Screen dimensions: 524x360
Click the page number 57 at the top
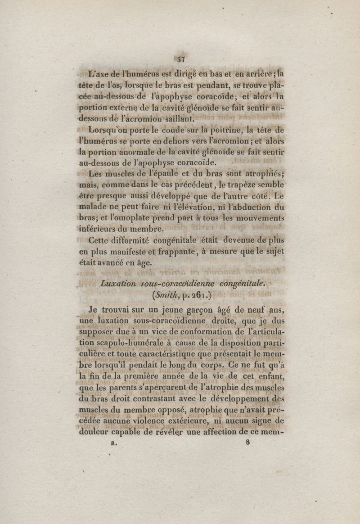pyautogui.click(x=181, y=59)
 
